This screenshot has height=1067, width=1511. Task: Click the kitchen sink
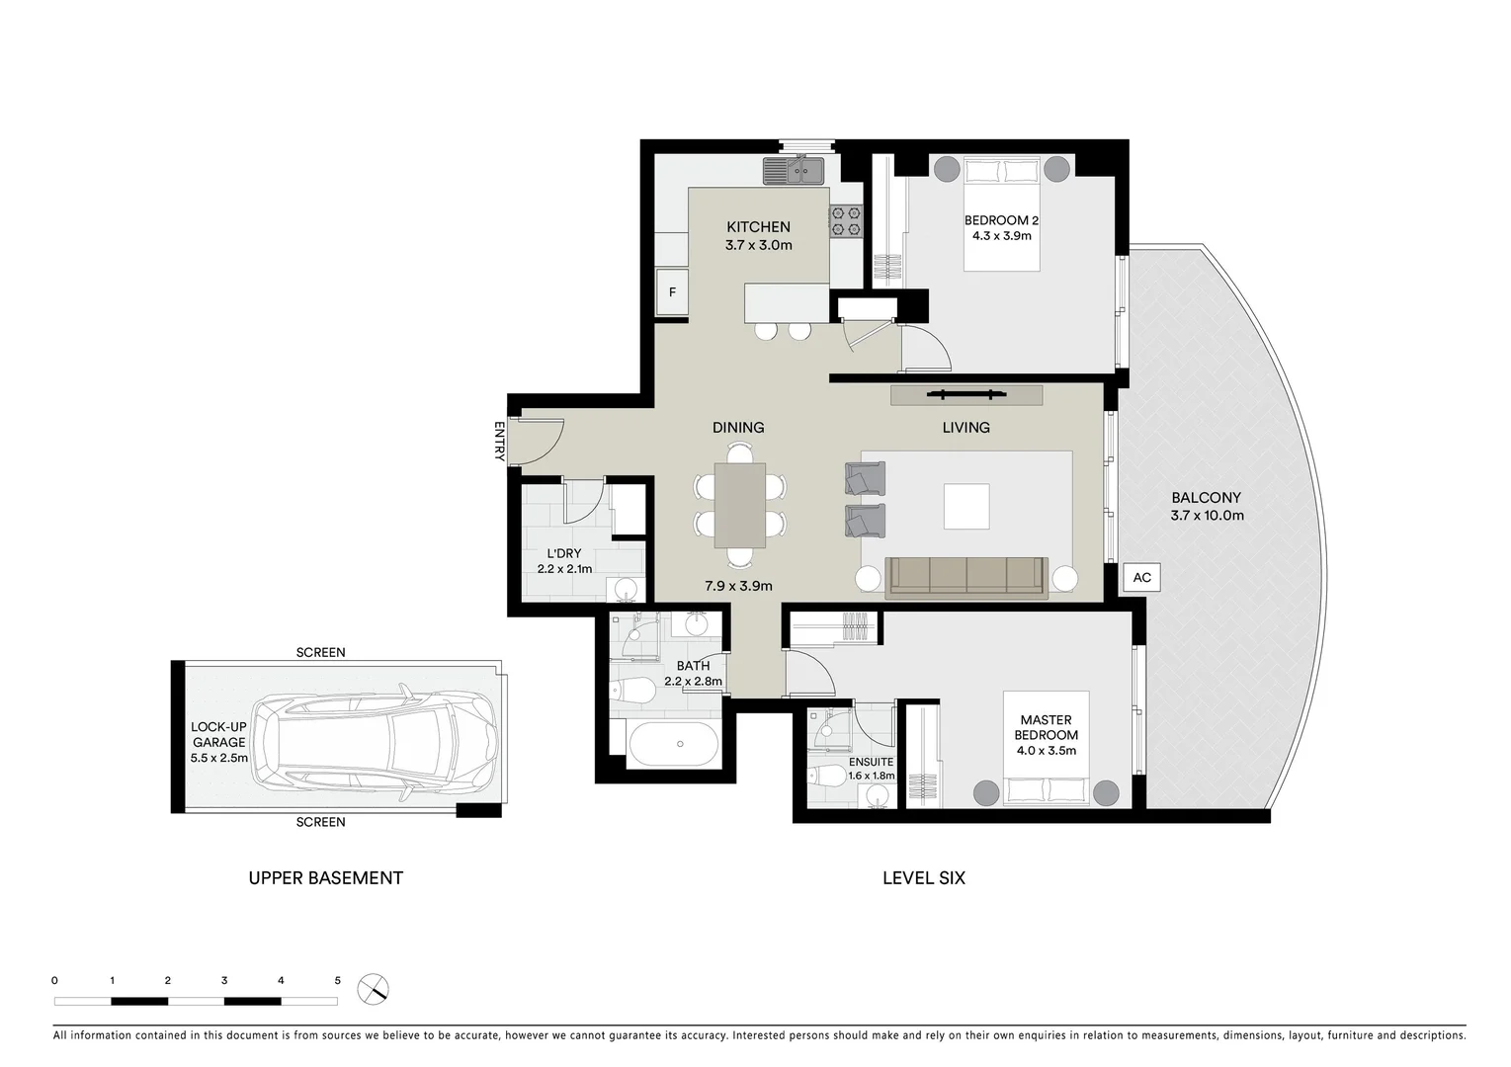793,171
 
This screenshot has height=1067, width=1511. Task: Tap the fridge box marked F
672,292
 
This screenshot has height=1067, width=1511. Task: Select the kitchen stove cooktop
845,220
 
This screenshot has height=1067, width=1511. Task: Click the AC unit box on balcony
1141,578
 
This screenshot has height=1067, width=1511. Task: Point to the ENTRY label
499,442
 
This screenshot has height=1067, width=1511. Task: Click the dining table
740,505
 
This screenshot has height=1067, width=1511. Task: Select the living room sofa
966,577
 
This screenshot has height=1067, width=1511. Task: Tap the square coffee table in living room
965,506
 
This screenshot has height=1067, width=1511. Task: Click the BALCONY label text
1206,498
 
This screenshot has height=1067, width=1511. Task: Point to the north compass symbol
373,988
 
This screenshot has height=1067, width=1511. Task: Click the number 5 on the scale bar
337,981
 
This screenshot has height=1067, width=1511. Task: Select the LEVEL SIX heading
923,877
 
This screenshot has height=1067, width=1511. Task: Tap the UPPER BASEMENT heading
325,877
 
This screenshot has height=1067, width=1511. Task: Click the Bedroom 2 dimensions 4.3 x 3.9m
1001,236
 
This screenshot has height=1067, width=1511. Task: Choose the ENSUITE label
871,762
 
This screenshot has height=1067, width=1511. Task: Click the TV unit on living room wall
965,395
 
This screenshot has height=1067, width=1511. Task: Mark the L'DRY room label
564,553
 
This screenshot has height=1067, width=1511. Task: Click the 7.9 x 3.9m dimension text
738,586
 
